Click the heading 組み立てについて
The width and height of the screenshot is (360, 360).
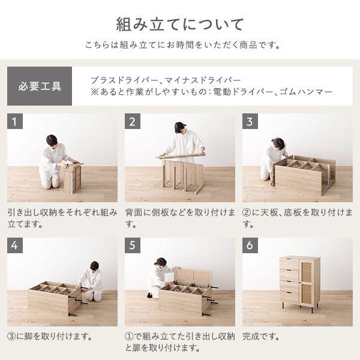coord(180,25)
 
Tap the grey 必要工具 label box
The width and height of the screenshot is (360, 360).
coord(40,86)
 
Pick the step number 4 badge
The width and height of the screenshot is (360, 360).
coord(16,247)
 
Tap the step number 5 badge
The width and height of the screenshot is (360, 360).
coord(134,247)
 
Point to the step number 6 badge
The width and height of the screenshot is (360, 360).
coord(251,247)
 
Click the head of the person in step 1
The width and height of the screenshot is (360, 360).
coord(52,140)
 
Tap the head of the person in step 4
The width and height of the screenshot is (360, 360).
coord(94,266)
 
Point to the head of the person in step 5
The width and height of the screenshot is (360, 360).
coord(160,262)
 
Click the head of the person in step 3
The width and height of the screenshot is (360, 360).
coord(278,143)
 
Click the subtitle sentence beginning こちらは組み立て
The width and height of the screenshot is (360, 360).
coord(180,46)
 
